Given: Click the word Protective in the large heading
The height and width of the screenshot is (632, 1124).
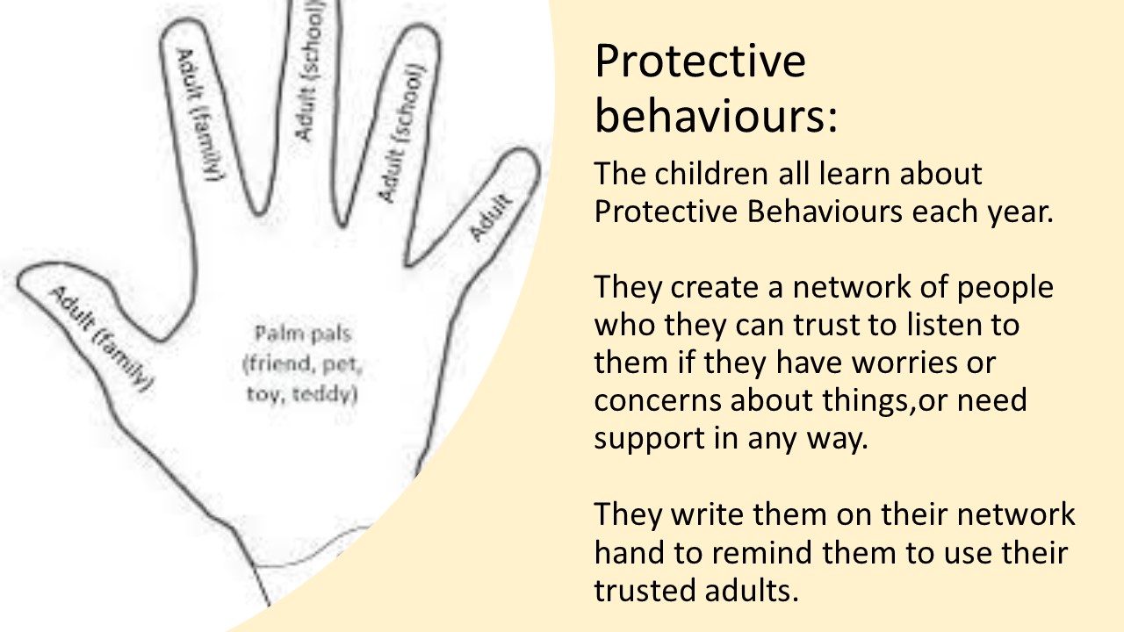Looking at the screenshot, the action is click(700, 61).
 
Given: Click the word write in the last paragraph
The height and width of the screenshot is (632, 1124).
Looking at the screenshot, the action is click(708, 514).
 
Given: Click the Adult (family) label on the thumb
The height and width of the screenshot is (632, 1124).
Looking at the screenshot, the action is click(101, 339).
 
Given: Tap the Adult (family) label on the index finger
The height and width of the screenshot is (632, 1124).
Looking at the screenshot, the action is click(199, 115).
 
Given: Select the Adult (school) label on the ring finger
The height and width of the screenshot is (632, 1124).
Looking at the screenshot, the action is click(401, 133).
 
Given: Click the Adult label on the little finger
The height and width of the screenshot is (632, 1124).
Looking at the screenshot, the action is click(491, 217).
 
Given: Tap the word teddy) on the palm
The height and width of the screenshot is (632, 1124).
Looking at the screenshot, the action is click(325, 395).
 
